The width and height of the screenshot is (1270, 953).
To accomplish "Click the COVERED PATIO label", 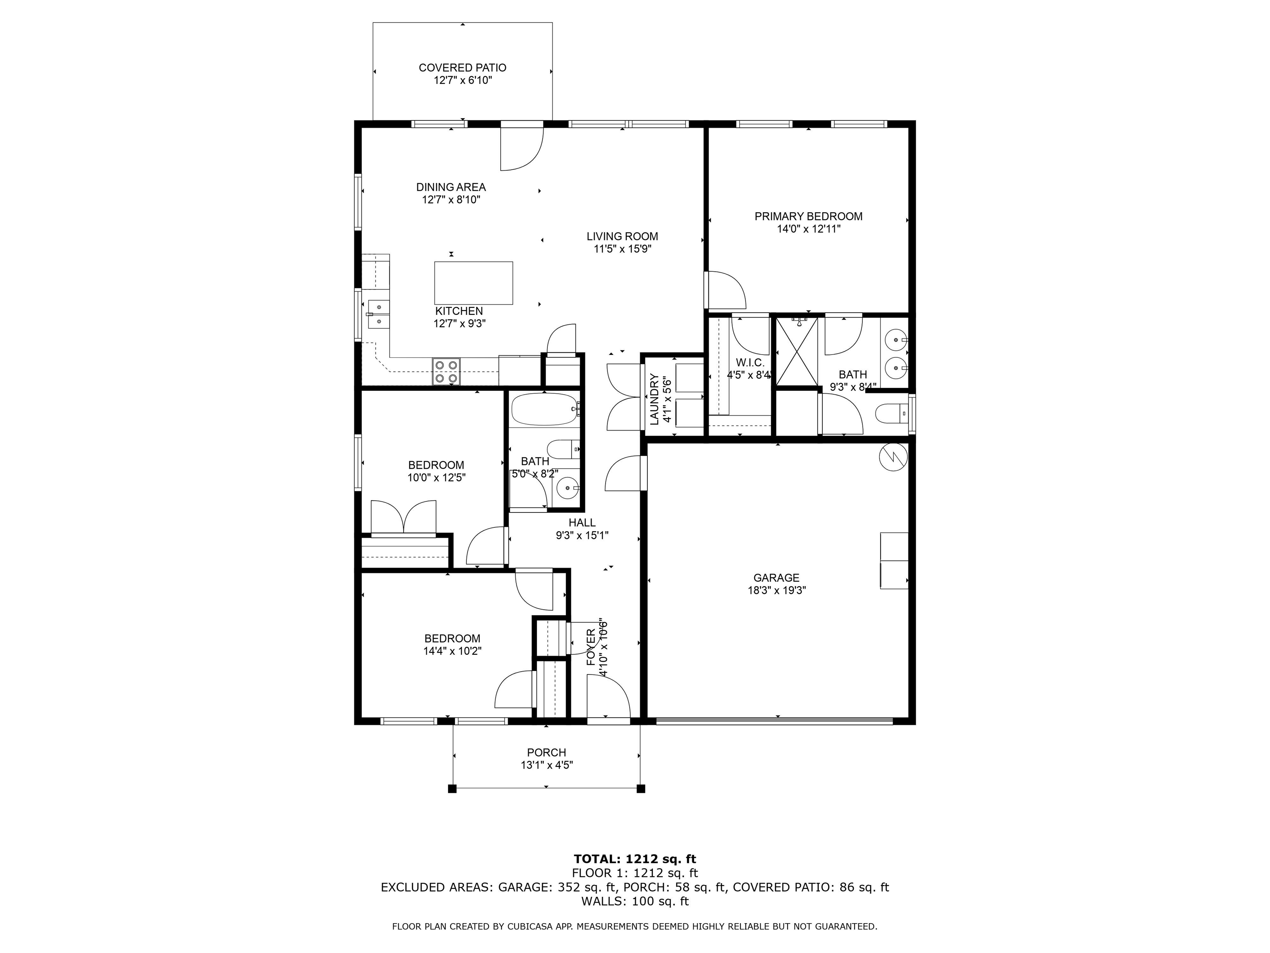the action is [x=462, y=68].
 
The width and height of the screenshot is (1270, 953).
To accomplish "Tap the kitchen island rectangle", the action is [x=474, y=283].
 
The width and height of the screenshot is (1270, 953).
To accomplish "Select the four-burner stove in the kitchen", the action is [x=446, y=371].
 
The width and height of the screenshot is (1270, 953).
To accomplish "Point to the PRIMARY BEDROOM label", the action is [x=808, y=217].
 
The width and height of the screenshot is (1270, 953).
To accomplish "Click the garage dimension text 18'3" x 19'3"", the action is [x=777, y=591].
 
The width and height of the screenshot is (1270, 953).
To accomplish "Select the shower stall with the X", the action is [x=797, y=351].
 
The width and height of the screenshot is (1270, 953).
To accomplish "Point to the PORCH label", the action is [x=547, y=752].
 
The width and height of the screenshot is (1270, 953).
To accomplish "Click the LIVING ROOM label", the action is [x=622, y=236].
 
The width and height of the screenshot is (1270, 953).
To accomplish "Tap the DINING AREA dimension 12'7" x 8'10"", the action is [x=451, y=200].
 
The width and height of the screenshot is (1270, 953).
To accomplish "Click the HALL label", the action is [x=582, y=523].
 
